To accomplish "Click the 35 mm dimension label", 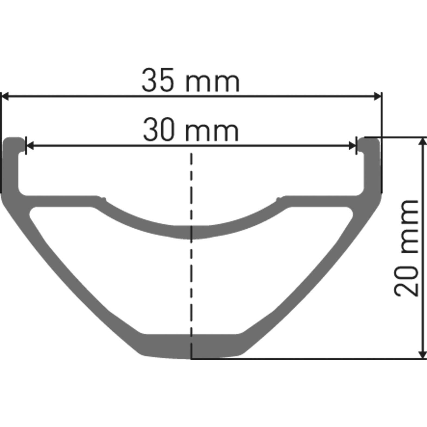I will [191, 80].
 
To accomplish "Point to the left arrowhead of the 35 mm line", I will [5, 96].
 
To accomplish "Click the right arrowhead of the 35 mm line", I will [378, 96].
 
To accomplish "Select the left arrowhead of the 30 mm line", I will [29, 146].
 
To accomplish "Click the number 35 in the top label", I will [158, 81].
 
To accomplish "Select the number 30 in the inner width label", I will [158, 130].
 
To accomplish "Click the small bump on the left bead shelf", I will [103, 199].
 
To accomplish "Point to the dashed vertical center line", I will [192, 271].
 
